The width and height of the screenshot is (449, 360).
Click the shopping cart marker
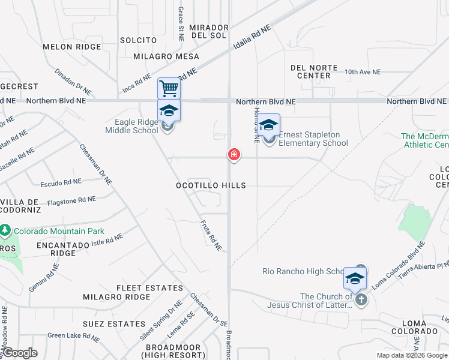[169, 89]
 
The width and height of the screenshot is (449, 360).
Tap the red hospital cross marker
[234, 155]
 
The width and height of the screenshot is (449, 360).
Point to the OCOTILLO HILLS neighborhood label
[211, 185]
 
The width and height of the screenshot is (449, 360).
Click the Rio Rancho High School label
[304, 271]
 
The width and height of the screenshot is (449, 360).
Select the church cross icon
[360, 300]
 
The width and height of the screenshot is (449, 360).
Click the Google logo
[19, 353]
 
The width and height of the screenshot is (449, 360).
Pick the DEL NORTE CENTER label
[314, 71]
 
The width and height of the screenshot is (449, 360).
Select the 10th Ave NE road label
[363, 72]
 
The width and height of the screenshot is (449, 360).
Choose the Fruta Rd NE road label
[211, 235]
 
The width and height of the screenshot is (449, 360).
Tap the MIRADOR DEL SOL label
[209, 31]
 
